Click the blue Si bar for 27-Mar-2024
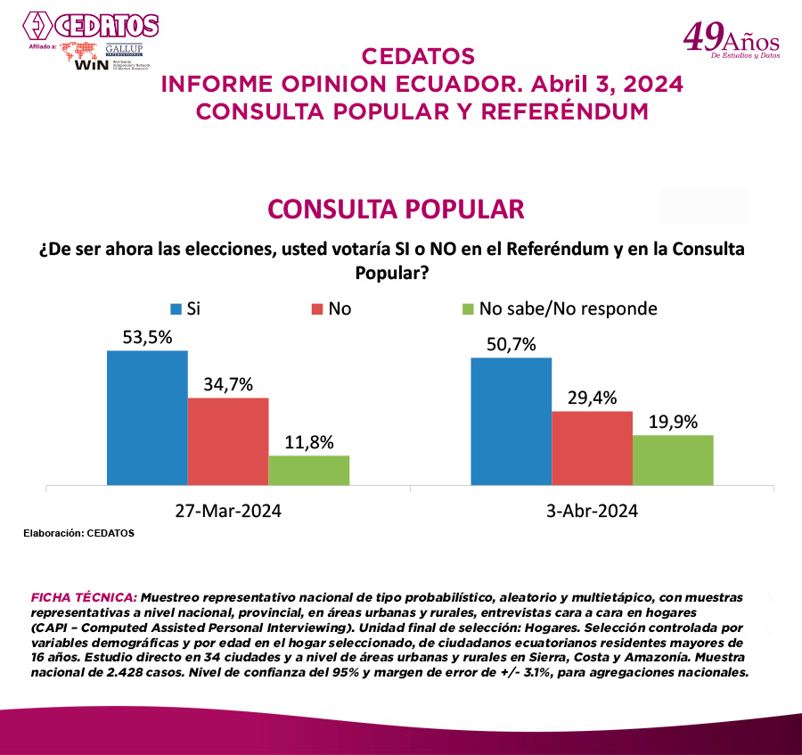[x=147, y=418]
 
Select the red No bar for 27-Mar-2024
[x=228, y=441]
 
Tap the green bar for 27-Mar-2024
[x=308, y=471]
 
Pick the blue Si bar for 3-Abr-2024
[x=511, y=422]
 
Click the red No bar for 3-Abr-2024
[x=592, y=448]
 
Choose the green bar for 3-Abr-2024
[x=673, y=460]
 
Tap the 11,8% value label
[x=309, y=442]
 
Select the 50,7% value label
[x=511, y=344]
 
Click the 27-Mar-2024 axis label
[x=228, y=511]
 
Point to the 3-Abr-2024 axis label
[x=593, y=511]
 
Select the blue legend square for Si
[x=176, y=308]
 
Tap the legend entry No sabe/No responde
[x=568, y=308]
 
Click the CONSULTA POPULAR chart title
[x=396, y=209]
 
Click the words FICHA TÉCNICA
[x=84, y=595]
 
